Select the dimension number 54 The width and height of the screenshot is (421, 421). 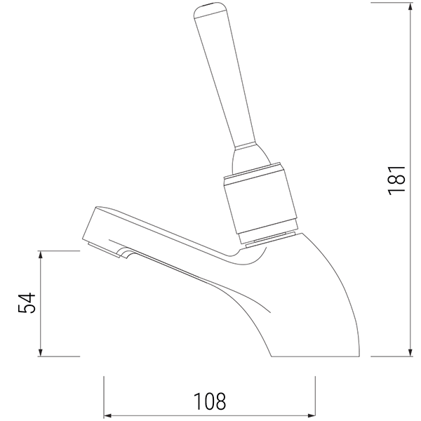26,303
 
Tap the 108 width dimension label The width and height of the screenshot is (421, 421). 210,401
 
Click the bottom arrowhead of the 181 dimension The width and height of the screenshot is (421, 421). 410,351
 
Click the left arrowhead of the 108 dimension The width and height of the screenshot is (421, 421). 109,414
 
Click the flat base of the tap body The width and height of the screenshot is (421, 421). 316,355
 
